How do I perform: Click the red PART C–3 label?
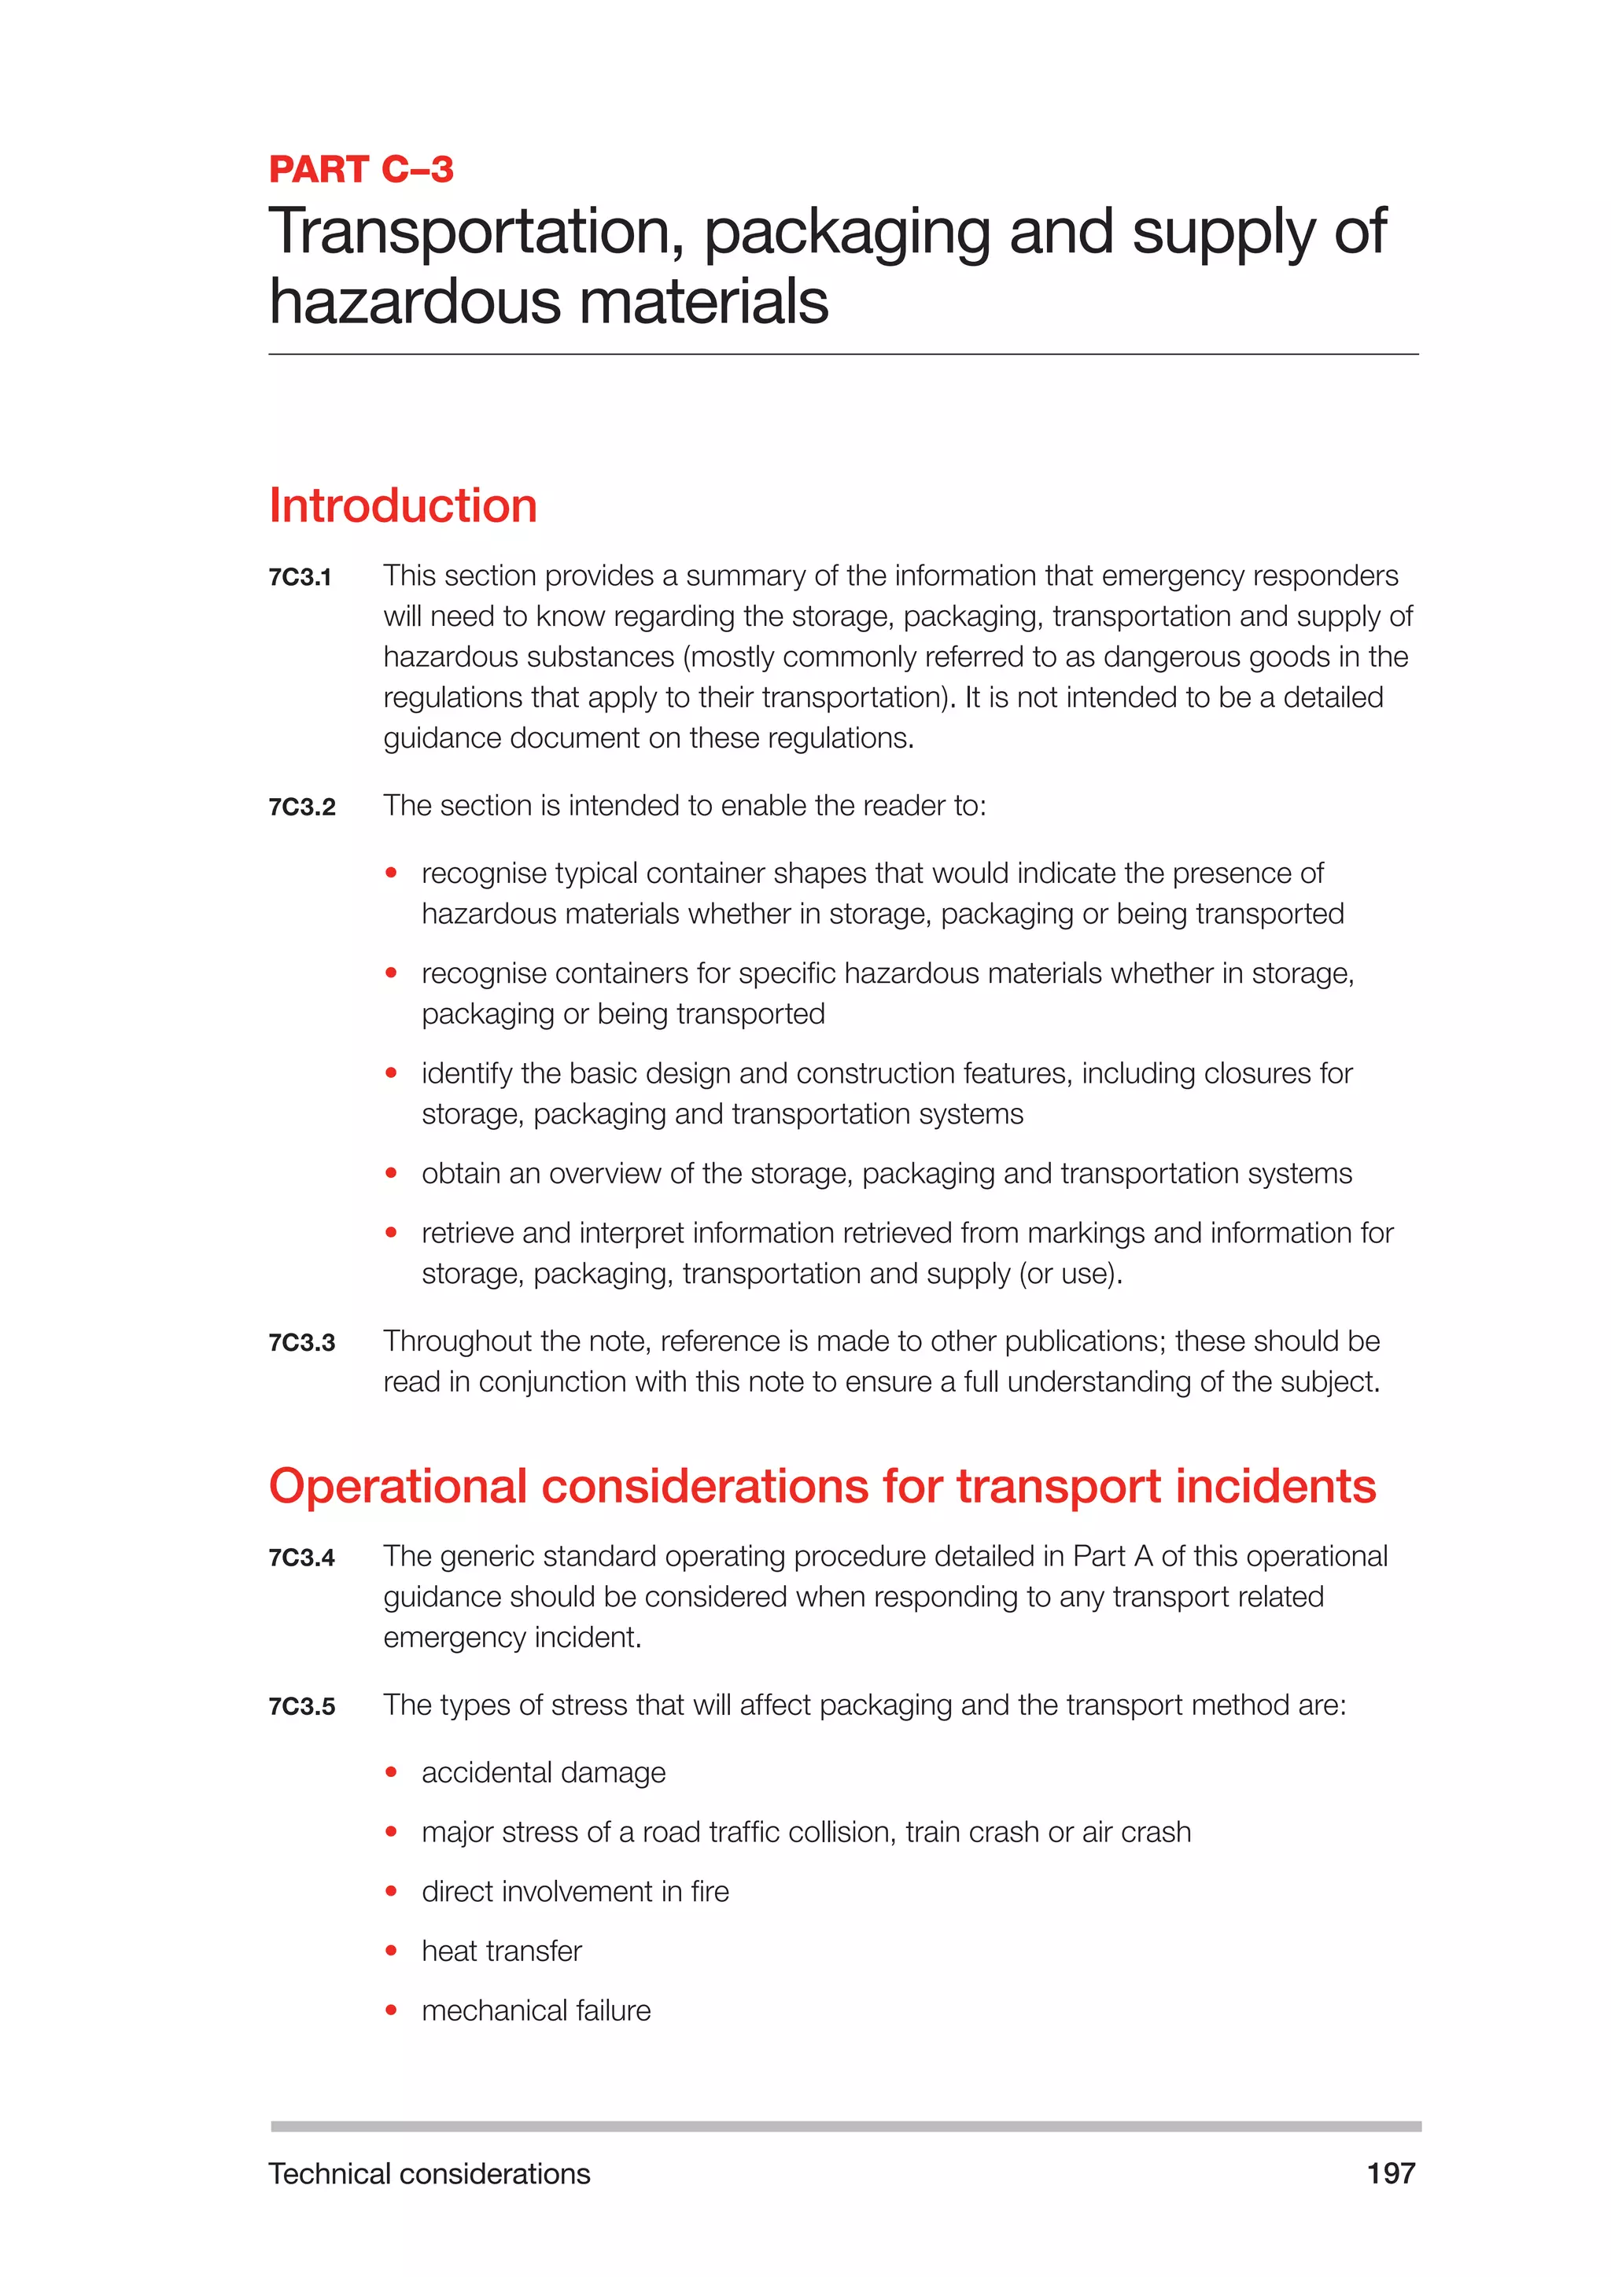pyautogui.click(x=361, y=170)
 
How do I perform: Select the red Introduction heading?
pyautogui.click(x=403, y=506)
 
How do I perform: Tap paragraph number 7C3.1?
pyautogui.click(x=300, y=577)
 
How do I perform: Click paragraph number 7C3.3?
pyautogui.click(x=301, y=1343)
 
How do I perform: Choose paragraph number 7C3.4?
pyautogui.click(x=301, y=1558)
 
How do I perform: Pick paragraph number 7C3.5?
pyautogui.click(x=301, y=1707)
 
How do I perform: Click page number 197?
pyautogui.click(x=1390, y=2174)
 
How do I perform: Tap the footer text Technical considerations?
pyautogui.click(x=429, y=2174)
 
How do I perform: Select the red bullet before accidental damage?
pyautogui.click(x=392, y=1772)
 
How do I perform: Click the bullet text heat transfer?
pyautogui.click(x=501, y=1951)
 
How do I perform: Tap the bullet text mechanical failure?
pyautogui.click(x=536, y=2010)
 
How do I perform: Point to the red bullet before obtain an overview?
pyautogui.click(x=392, y=1173)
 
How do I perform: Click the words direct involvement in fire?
pyautogui.click(x=575, y=1891)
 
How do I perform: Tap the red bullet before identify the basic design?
pyautogui.click(x=392, y=1073)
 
